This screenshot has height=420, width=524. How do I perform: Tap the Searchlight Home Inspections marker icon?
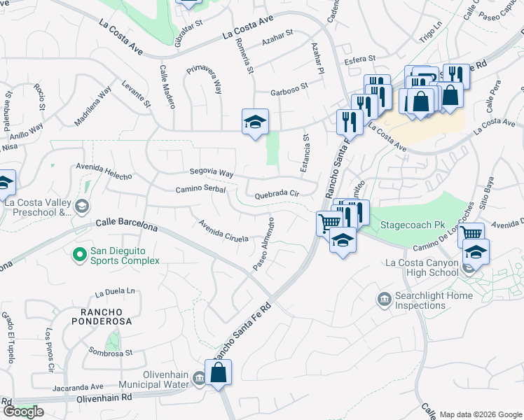point(385,300)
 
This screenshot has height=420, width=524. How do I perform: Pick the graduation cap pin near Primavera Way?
point(255,122)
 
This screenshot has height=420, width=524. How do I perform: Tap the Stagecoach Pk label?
point(413,225)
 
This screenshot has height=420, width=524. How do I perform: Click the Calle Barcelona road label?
point(127,225)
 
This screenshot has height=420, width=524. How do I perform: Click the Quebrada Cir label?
point(277,195)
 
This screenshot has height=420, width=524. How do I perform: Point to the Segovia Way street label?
point(211,172)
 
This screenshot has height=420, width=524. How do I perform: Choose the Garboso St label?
point(289,90)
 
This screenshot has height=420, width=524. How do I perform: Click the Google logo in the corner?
point(23,412)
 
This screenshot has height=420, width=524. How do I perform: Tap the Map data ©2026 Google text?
point(481,414)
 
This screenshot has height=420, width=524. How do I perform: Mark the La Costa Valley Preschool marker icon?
point(82,206)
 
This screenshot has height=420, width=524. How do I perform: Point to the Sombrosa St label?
point(111,353)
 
